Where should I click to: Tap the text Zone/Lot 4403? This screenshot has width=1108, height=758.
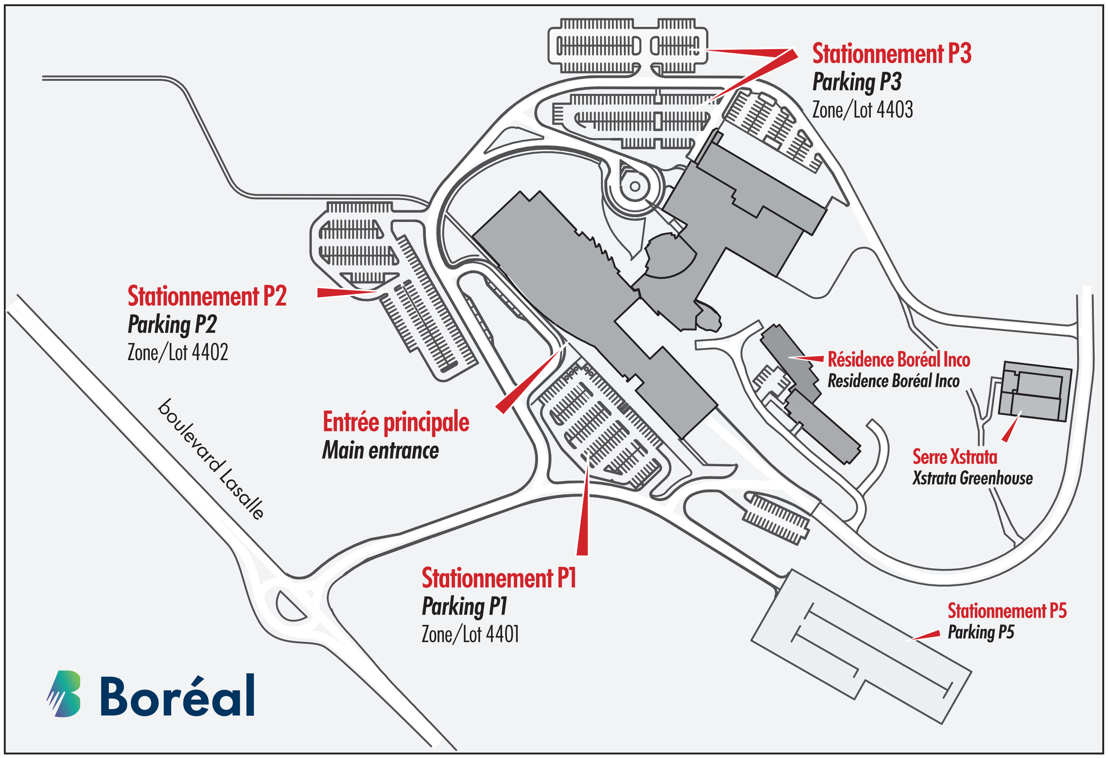pos(862,110)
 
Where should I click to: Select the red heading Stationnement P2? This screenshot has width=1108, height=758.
pos(207,296)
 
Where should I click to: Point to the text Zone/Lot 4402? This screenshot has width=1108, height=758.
pos(177,353)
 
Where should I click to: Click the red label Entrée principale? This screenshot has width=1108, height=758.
pos(396,422)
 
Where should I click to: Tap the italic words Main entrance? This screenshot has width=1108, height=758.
pos(380,450)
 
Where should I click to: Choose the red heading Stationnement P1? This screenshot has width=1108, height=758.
pos(499,578)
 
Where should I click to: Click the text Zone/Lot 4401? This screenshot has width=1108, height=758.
pos(470,634)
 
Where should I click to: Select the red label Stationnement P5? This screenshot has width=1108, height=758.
pos(1007,611)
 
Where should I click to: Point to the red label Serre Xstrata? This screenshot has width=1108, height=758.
pos(955,457)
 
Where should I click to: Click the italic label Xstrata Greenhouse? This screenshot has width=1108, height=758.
pos(972,478)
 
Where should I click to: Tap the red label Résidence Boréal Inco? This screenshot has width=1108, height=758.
pos(898,360)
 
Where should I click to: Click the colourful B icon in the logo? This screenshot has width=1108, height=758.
pos(64,694)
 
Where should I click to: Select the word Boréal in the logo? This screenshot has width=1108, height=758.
pos(177,695)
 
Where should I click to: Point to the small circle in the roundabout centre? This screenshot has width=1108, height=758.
pos(635,186)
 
